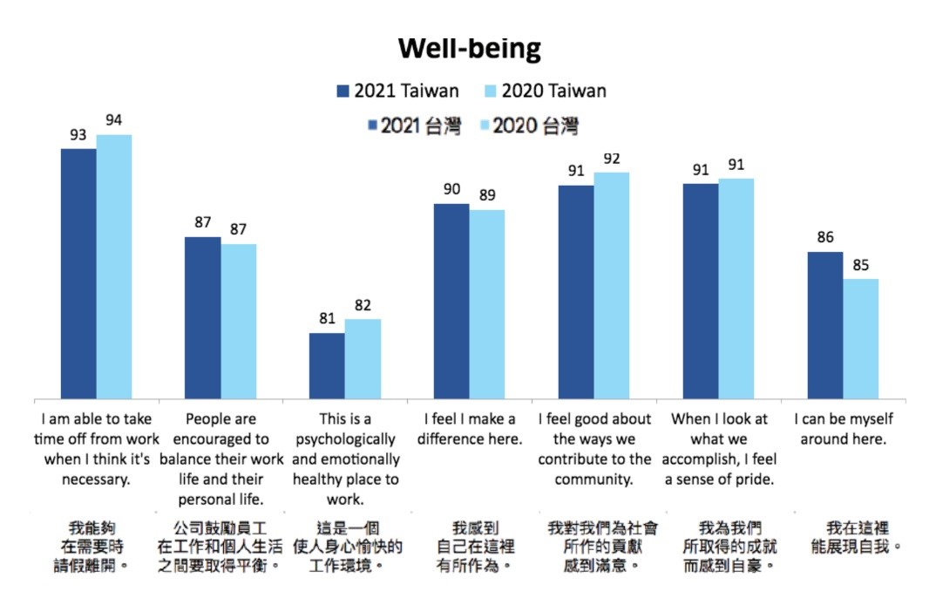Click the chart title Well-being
(469, 48)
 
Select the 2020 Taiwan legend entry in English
(543, 91)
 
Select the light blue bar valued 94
(113, 267)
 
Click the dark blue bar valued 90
(451, 302)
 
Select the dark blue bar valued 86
(824, 325)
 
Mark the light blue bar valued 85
(860, 339)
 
